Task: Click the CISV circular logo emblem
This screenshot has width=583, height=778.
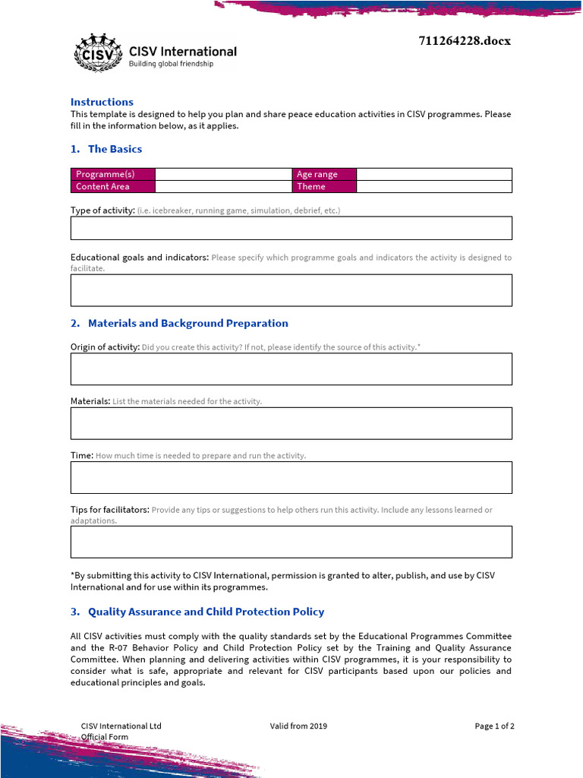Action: click(97, 53)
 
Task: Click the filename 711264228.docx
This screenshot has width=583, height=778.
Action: click(465, 41)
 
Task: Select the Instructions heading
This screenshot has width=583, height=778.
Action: click(102, 102)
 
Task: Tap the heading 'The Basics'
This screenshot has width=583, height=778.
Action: click(115, 149)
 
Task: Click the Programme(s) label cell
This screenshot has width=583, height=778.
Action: click(112, 174)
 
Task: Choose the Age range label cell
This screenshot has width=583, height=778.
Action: click(323, 174)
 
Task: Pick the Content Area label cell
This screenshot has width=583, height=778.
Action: click(112, 186)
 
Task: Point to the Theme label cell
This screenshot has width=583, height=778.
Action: click(323, 186)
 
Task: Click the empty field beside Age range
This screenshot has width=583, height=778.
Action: click(433, 174)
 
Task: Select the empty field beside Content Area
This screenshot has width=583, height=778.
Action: click(223, 186)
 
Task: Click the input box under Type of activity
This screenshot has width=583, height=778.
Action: click(291, 228)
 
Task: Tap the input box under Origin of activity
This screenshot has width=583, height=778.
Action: click(291, 368)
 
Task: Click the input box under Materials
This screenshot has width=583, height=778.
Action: click(291, 423)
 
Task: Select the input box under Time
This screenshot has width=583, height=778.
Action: click(291, 477)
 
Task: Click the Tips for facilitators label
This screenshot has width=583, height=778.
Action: click(110, 510)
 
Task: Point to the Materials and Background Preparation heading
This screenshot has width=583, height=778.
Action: click(188, 323)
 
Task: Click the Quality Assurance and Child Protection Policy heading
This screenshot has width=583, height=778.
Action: click(206, 612)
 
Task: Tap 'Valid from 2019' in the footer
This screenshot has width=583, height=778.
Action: click(298, 726)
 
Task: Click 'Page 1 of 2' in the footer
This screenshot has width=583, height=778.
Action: click(494, 726)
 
